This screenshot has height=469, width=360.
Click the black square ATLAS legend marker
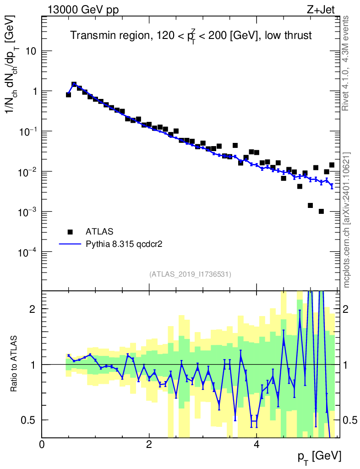(x=71, y=231)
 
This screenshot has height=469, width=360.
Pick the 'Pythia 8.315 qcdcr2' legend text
(x=125, y=245)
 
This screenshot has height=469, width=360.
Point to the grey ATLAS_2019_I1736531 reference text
(x=190, y=274)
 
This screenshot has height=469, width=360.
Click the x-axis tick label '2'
(x=149, y=445)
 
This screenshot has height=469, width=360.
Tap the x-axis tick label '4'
(x=256, y=445)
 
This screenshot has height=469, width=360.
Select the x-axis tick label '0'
(x=42, y=445)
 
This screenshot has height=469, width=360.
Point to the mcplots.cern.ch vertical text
(x=347, y=220)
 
